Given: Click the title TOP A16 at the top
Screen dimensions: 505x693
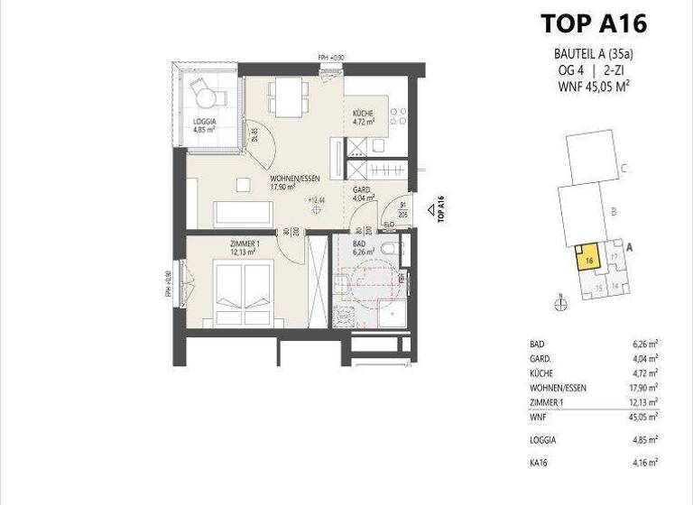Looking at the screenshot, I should (592, 23).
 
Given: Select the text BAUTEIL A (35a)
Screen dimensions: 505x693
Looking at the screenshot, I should (592, 53).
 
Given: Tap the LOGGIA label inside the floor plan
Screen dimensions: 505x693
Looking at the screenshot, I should (205, 122).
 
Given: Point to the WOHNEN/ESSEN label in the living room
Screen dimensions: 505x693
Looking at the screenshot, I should (292, 179).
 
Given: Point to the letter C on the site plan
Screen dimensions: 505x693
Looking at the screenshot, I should (624, 168).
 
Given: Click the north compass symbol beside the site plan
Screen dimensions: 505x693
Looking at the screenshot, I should (561, 304).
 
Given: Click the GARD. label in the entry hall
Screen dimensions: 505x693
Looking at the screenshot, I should (362, 190).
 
